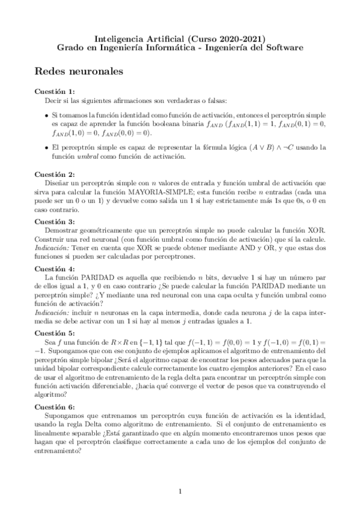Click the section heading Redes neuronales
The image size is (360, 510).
80,71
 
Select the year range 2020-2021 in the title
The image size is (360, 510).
234,36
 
